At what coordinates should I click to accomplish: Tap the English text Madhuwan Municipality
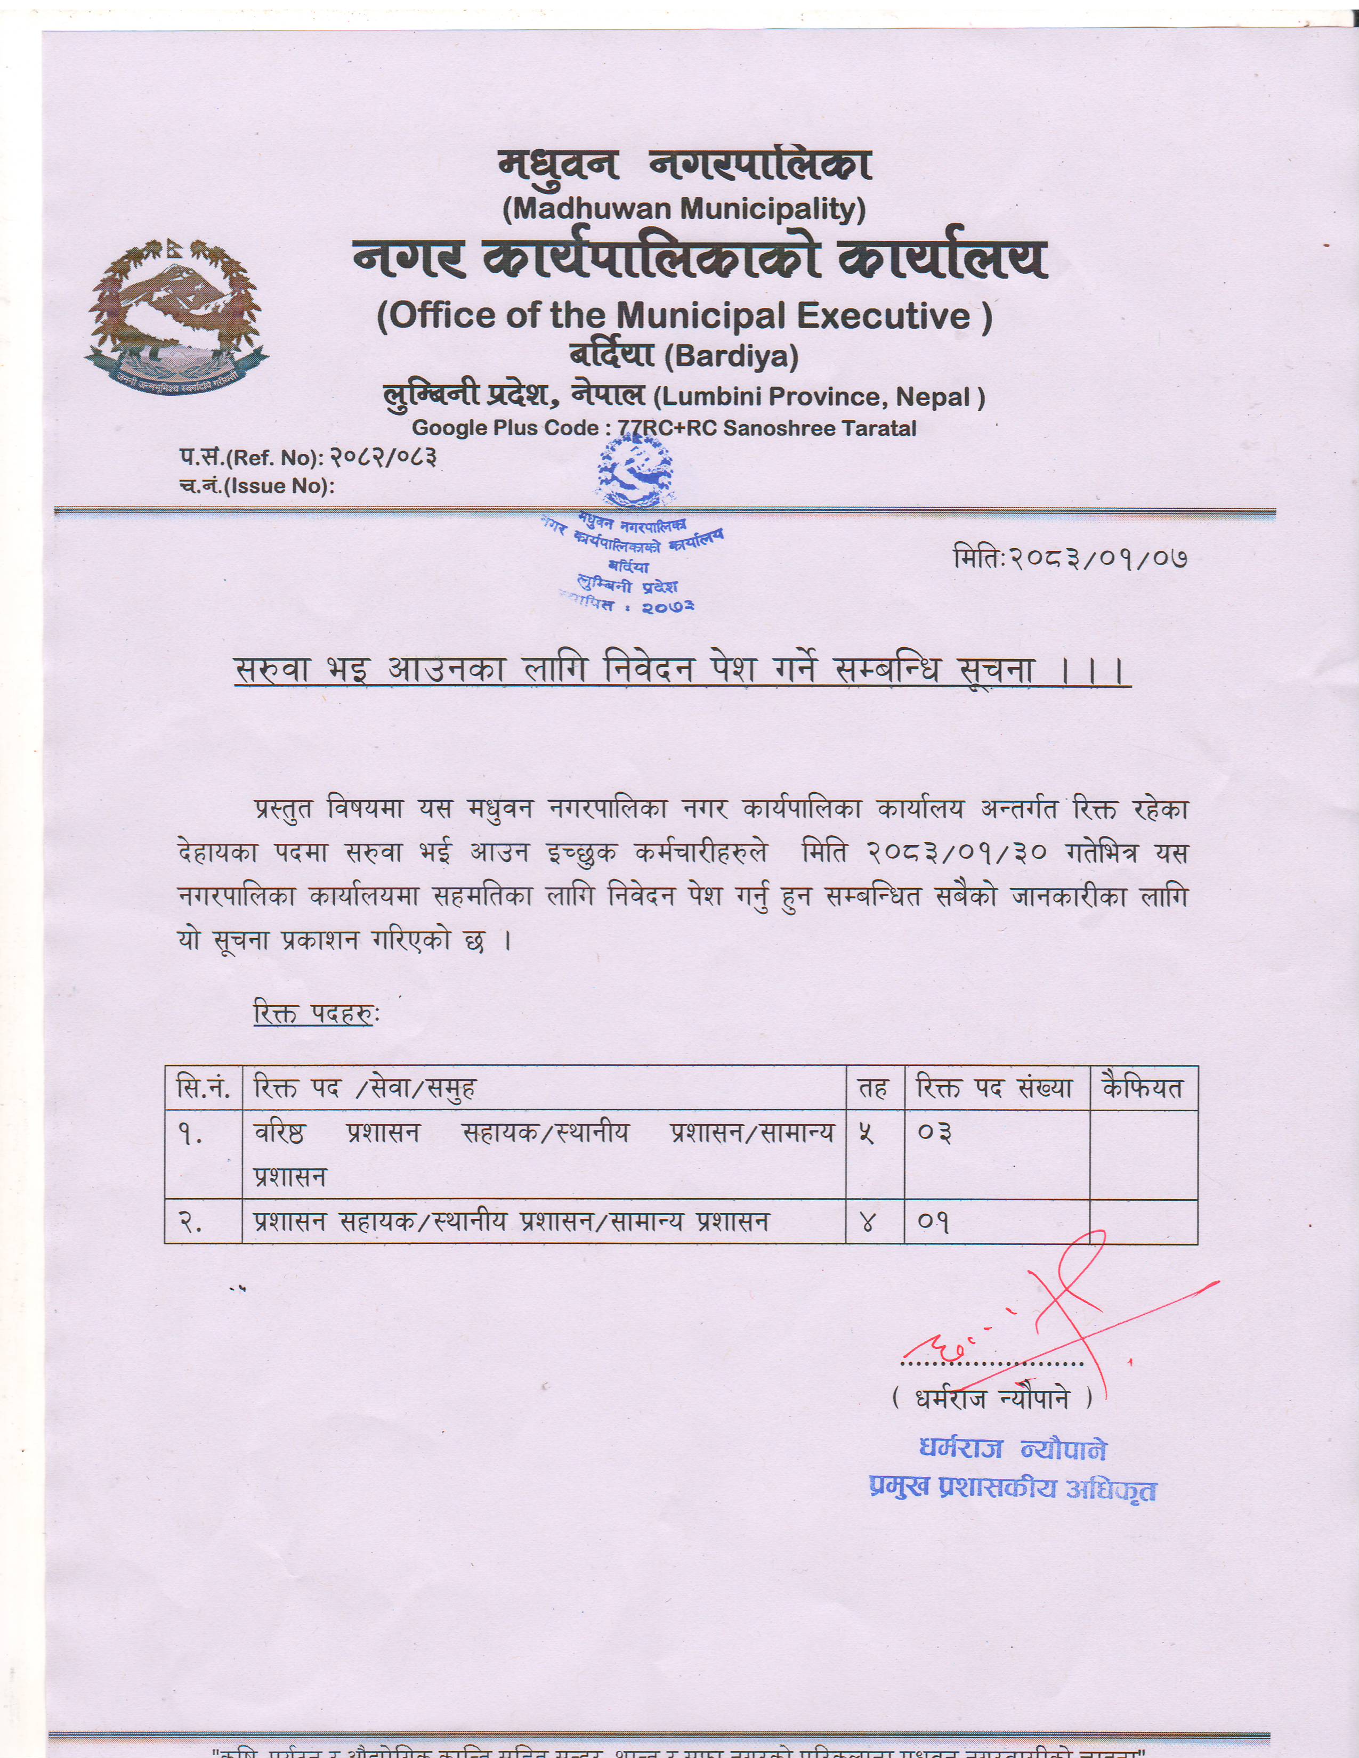pos(684,209)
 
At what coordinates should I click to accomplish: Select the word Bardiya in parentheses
pos(731,356)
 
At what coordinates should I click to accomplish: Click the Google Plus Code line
pos(664,428)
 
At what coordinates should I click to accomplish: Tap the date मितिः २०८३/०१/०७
pos(1070,558)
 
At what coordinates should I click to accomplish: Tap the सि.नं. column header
pos(203,1089)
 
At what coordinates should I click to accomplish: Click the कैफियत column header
pos(1143,1089)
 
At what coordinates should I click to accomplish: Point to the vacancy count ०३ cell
pos(935,1133)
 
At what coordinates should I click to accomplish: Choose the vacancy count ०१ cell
pos(934,1223)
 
